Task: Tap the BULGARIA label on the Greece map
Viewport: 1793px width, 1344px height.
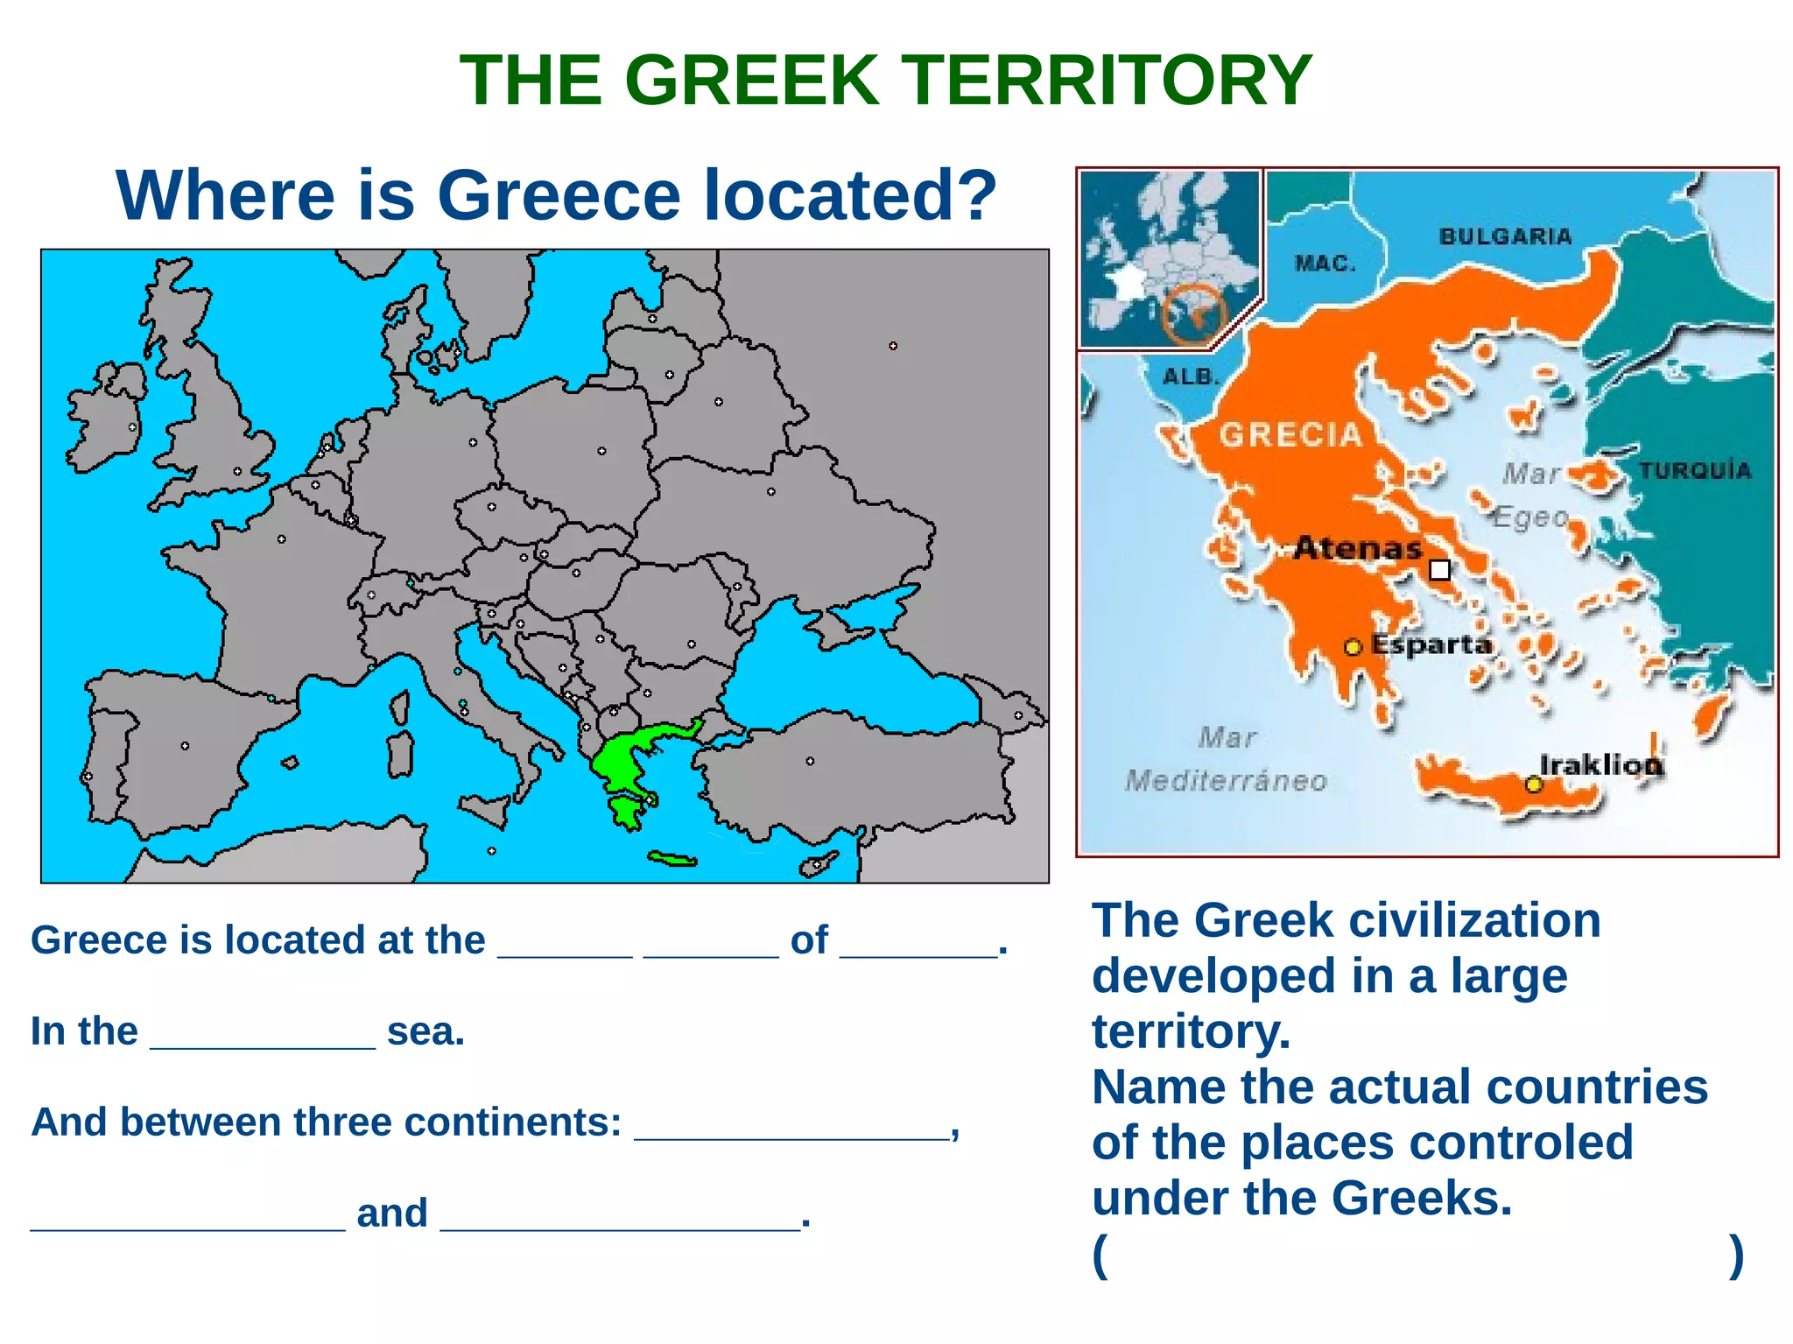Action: click(x=1505, y=236)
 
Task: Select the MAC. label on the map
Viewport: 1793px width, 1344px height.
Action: click(x=1325, y=264)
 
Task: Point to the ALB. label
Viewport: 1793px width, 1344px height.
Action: click(x=1191, y=377)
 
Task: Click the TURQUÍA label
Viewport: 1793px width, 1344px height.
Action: click(x=1695, y=471)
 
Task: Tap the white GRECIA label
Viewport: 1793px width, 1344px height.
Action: click(x=1290, y=434)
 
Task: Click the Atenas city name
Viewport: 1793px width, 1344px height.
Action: click(x=1358, y=549)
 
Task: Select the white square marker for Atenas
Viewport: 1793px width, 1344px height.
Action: click(x=1439, y=571)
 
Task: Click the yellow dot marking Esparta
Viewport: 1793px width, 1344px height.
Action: click(x=1353, y=647)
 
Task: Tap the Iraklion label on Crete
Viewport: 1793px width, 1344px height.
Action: click(x=1600, y=764)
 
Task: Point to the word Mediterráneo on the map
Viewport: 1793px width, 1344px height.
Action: click(x=1226, y=780)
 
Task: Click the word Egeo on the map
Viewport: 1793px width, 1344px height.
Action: click(x=1530, y=517)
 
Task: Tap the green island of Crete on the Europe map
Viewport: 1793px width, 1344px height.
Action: click(x=672, y=859)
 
